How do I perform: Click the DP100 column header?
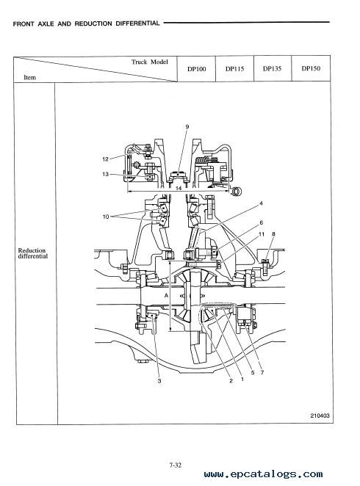click(x=197, y=69)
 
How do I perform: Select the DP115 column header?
click(x=234, y=69)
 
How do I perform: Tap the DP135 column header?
click(x=273, y=68)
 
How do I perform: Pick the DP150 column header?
click(x=311, y=68)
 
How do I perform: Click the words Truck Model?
click(x=149, y=62)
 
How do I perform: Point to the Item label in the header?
click(x=30, y=78)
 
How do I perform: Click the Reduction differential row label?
click(x=32, y=253)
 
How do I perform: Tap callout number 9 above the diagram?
click(x=187, y=126)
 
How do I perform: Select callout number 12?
click(x=105, y=159)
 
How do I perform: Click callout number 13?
click(x=105, y=174)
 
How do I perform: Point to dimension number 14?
click(x=179, y=188)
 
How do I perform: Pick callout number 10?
click(x=106, y=217)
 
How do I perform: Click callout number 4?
click(x=261, y=203)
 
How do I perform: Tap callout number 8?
click(x=273, y=234)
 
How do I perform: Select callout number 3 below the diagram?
click(x=159, y=380)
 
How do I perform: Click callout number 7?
click(x=262, y=372)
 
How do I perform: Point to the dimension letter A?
click(x=166, y=296)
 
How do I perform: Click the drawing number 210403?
click(x=320, y=416)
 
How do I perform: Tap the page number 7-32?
click(x=175, y=465)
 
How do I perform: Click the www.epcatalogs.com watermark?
click(x=263, y=474)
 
